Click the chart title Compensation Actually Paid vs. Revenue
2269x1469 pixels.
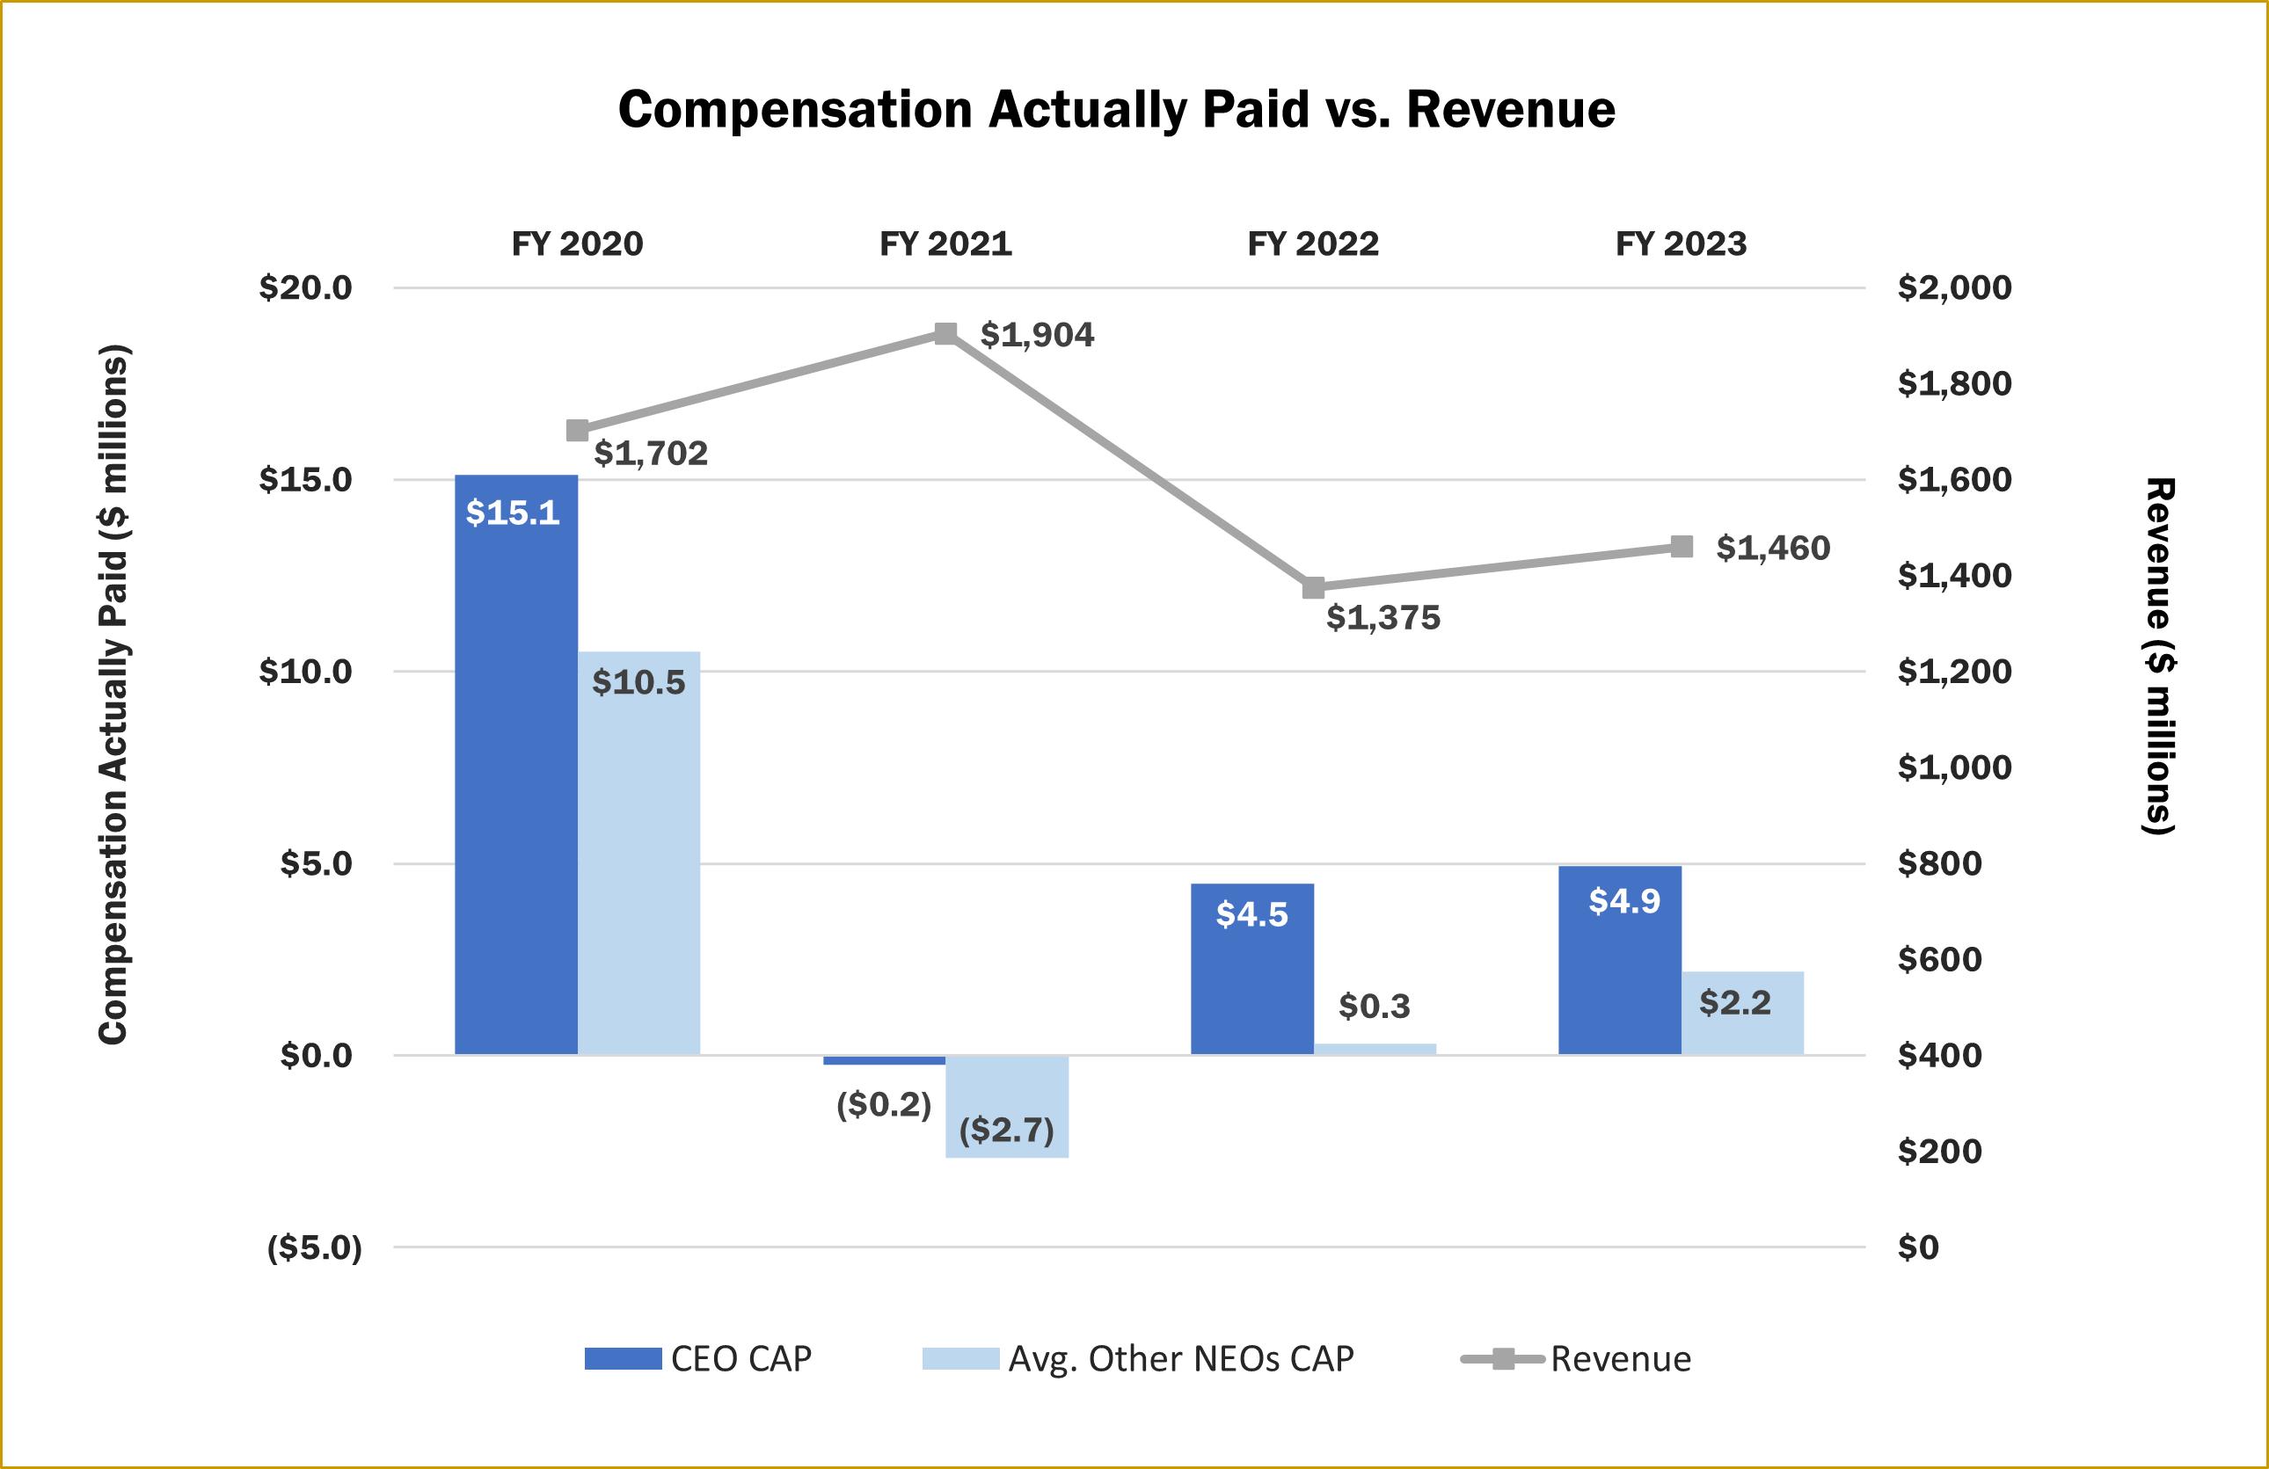(x=1116, y=109)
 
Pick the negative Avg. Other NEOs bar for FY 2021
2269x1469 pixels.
(x=1007, y=1106)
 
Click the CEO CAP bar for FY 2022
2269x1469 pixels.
(x=1251, y=969)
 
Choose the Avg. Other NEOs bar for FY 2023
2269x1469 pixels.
(x=1742, y=1013)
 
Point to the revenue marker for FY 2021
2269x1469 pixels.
(x=945, y=334)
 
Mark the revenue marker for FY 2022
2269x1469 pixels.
(x=1314, y=587)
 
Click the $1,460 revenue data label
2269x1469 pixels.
(x=1772, y=549)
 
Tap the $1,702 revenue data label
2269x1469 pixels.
(x=650, y=453)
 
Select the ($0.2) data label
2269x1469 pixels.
(x=883, y=1104)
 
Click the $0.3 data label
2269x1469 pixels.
(x=1374, y=1006)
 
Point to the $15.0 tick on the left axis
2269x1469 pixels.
(x=305, y=479)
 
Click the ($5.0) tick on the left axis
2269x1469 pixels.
(x=315, y=1247)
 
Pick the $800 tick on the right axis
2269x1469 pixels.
(x=1939, y=863)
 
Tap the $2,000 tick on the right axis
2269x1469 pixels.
(x=1953, y=287)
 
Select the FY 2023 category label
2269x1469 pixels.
(x=1681, y=244)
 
